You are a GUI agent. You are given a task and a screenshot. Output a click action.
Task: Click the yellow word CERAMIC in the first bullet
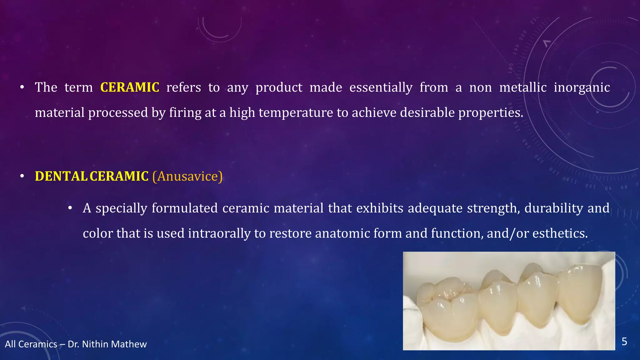tap(130, 87)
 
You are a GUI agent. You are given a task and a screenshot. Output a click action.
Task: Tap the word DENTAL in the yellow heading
tap(61, 177)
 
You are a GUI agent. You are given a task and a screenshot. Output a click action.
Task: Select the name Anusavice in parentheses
tap(187, 177)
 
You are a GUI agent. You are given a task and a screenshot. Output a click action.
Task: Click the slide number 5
tap(624, 342)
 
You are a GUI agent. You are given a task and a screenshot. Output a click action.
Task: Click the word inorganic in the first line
tap(582, 87)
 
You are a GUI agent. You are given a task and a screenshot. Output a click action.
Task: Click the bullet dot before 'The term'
tap(22, 88)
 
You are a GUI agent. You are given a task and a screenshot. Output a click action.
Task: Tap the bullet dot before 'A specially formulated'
tap(70, 208)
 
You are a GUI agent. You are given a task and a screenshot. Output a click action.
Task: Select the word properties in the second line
tap(490, 113)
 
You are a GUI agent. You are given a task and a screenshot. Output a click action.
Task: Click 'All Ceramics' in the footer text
tap(31, 344)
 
